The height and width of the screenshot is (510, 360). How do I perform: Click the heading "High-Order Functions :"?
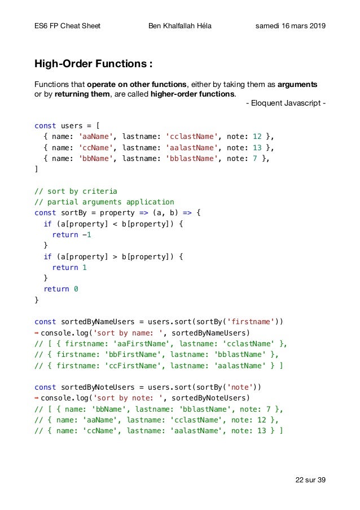[x=93, y=62]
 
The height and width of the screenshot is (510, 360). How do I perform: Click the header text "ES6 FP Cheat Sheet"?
[x=68, y=26]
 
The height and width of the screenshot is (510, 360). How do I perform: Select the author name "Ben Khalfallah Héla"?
[x=180, y=26]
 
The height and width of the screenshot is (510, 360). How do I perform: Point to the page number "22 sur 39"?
[x=310, y=480]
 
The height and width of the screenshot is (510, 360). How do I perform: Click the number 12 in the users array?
[x=257, y=137]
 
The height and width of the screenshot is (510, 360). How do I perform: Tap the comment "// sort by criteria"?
[x=76, y=191]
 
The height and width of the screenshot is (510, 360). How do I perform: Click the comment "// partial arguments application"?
[x=104, y=202]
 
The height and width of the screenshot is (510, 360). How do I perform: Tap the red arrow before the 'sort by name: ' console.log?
[x=37, y=333]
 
